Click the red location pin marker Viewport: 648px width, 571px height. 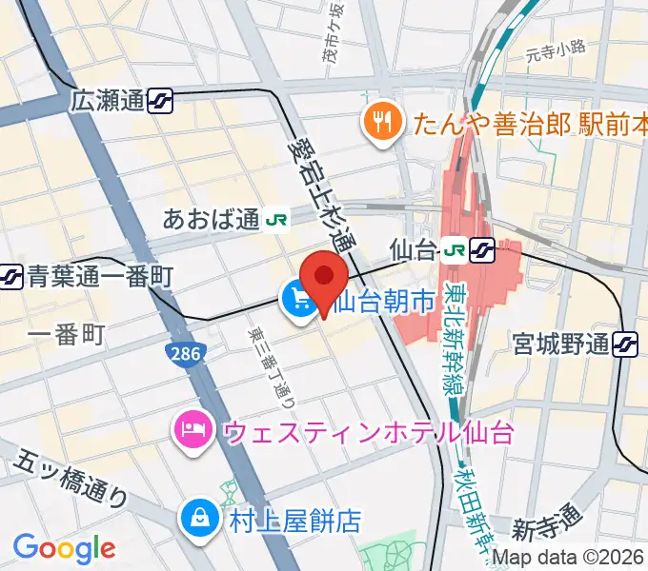click(x=324, y=280)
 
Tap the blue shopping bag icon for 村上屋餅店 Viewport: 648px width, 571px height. click(x=200, y=521)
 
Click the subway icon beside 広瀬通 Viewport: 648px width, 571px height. click(x=160, y=100)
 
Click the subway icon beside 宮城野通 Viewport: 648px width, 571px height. click(x=626, y=343)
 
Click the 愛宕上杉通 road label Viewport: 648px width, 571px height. click(x=319, y=190)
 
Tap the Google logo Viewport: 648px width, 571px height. click(x=64, y=547)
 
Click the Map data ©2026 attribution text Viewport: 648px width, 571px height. click(x=566, y=558)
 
